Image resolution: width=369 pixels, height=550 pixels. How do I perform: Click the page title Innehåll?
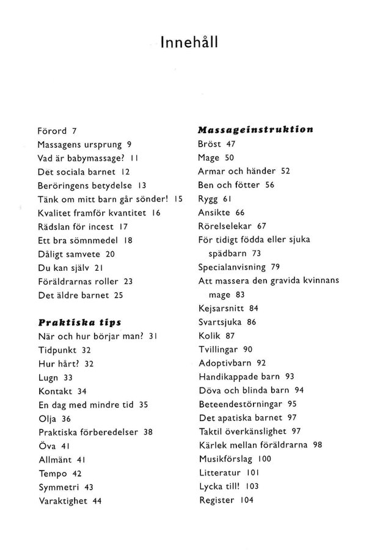tap(189, 42)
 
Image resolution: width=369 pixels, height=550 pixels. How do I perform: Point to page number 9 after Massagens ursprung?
tap(130, 145)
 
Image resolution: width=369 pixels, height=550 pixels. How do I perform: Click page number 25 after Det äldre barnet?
tap(119, 295)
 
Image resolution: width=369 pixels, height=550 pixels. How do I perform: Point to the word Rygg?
tap(210, 199)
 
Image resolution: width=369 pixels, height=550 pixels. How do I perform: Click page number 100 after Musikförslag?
tap(265, 458)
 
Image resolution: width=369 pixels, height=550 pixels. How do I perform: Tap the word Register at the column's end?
tap(217, 500)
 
